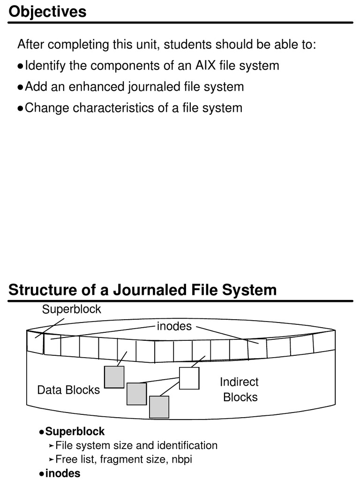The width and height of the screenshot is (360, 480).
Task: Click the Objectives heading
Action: (47, 12)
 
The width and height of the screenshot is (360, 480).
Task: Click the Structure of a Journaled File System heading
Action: (142, 290)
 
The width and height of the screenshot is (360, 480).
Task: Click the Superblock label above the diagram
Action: (71, 309)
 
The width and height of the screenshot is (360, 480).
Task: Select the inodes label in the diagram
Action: (174, 326)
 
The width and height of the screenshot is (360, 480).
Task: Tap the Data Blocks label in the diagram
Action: (68, 390)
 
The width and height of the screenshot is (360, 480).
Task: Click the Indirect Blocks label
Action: (240, 390)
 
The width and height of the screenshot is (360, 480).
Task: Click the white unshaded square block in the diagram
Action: (189, 378)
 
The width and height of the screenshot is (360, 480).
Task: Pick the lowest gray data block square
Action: (159, 407)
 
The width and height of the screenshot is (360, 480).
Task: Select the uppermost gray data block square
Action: (114, 377)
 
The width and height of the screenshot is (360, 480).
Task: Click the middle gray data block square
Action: (136, 394)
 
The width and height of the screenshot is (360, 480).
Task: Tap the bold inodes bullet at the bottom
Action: (63, 473)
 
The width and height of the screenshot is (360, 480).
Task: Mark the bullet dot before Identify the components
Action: (20, 66)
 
